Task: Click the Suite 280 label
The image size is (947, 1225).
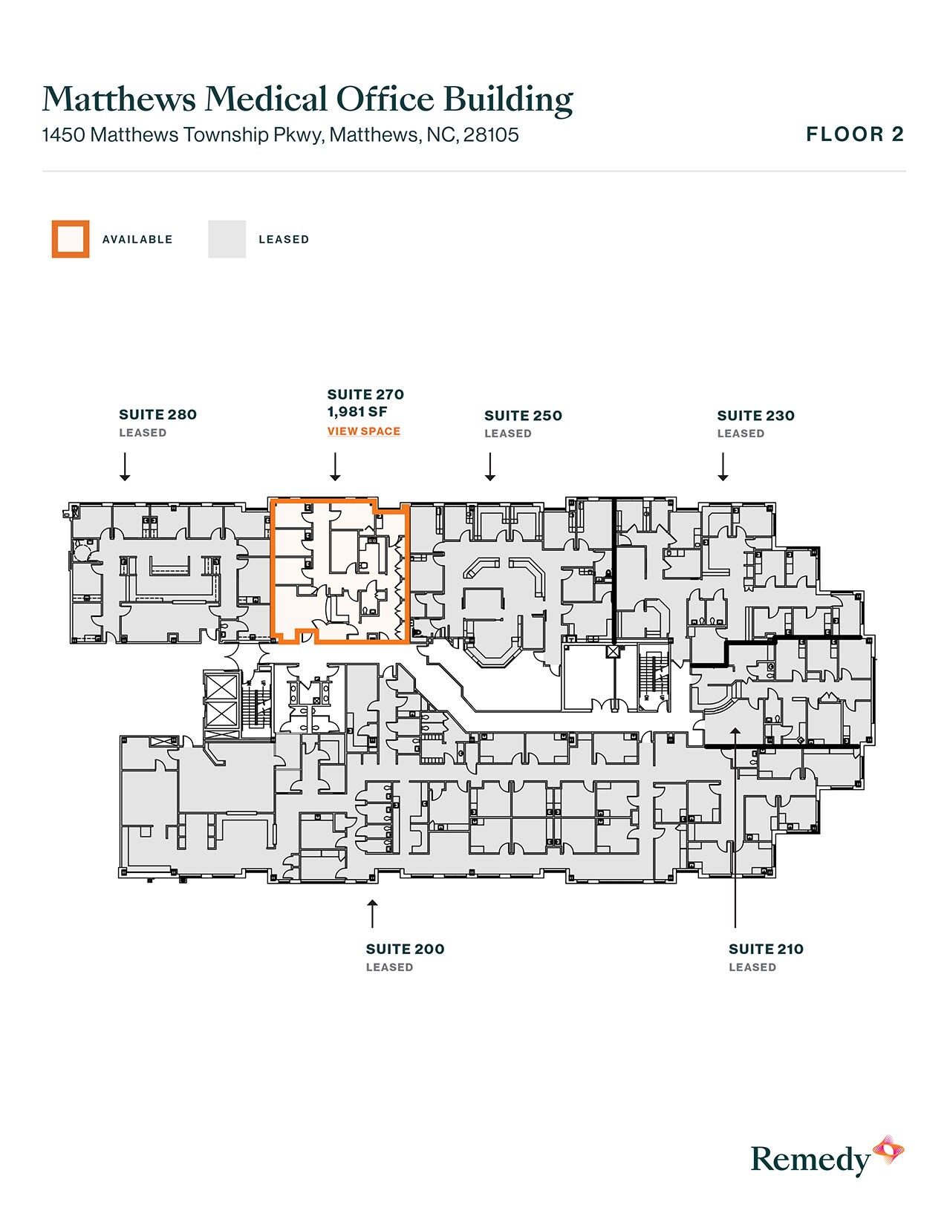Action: [158, 414]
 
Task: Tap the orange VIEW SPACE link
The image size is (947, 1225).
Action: [364, 431]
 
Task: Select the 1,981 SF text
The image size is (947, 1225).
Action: [357, 411]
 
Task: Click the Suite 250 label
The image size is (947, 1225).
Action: [523, 416]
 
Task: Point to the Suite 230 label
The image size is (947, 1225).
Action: [756, 416]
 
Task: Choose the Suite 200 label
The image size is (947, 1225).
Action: [405, 949]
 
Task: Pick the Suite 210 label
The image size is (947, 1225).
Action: [766, 949]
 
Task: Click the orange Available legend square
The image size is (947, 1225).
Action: [71, 239]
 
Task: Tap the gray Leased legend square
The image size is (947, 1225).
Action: [227, 239]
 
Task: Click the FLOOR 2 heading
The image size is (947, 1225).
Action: [855, 134]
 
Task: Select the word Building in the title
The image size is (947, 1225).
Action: [508, 100]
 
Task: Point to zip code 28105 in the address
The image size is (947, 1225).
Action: [491, 134]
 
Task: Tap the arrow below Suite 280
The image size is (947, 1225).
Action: [126, 466]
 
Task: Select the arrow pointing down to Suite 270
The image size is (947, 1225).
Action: [335, 466]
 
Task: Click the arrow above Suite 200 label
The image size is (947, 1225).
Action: [372, 913]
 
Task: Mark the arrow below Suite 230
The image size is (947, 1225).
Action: [723, 466]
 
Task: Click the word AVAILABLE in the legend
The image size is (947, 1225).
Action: [137, 240]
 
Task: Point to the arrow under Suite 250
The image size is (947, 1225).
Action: [490, 466]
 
